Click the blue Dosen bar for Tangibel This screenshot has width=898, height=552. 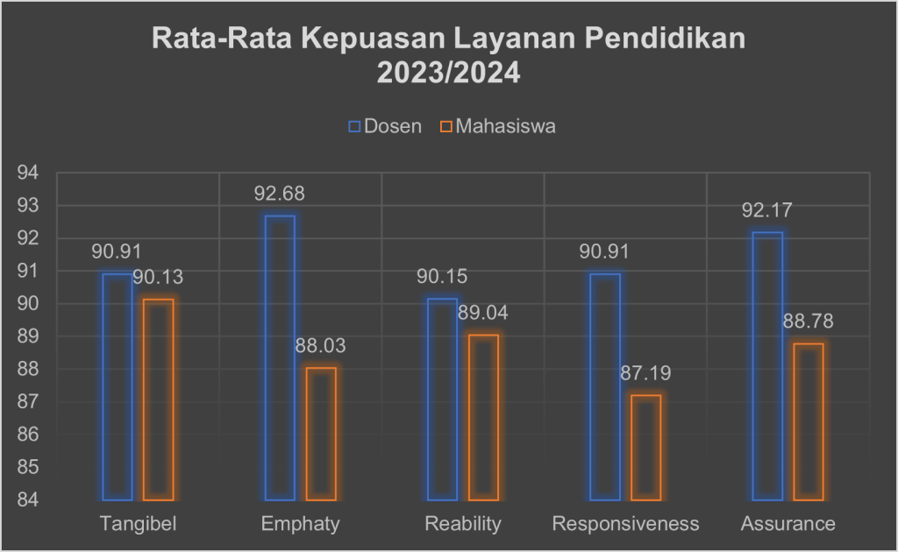(117, 386)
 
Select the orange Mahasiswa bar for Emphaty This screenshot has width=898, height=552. (321, 434)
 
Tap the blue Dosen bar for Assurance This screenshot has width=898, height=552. (768, 366)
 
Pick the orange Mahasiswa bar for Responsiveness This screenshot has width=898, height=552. (646, 448)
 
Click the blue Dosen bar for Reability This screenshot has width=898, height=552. (442, 399)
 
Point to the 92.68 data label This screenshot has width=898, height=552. (280, 194)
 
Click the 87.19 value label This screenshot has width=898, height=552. (646, 373)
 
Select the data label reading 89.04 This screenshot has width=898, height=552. (483, 313)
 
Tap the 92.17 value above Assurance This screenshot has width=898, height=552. (768, 210)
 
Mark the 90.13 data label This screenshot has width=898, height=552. (159, 278)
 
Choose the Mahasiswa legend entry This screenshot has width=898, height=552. (498, 126)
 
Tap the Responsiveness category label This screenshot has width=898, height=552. (625, 524)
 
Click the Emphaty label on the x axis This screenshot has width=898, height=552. (300, 524)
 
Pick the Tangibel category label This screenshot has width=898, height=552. (138, 524)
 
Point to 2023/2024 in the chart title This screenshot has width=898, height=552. (448, 73)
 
